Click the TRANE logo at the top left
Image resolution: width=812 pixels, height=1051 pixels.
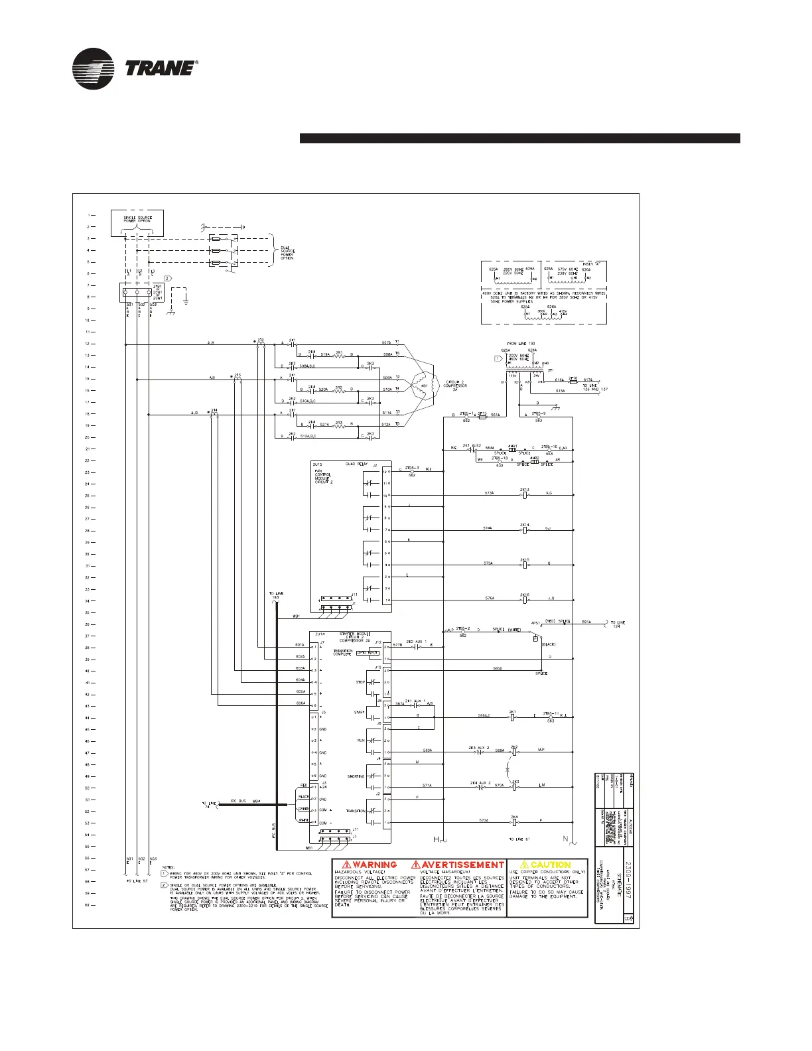tap(136, 68)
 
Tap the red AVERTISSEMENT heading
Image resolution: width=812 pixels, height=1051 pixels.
tap(458, 865)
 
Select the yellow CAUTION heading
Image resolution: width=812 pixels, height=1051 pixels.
tap(545, 865)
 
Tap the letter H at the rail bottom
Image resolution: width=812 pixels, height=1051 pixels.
tap(437, 840)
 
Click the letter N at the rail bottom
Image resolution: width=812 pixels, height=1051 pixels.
tap(566, 840)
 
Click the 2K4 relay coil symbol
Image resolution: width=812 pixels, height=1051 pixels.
tap(513, 821)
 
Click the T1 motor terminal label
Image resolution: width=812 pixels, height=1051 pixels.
tap(397, 342)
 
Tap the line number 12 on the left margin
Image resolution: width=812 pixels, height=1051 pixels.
tap(87, 344)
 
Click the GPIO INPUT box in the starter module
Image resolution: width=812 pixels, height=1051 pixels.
tap(367, 653)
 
